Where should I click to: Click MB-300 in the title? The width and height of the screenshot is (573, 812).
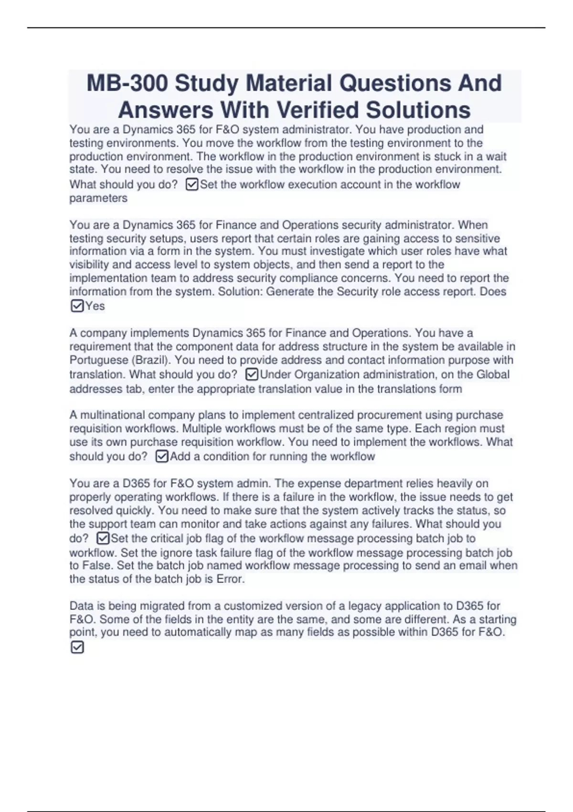[127, 83]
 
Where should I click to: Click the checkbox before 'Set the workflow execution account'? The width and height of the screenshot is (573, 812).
[191, 184]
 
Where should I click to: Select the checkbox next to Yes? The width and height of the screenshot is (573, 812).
[77, 306]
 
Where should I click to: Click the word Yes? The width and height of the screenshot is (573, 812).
[95, 306]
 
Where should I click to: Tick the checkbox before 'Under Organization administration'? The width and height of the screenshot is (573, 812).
[252, 374]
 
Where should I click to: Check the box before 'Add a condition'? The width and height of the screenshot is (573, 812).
[162, 456]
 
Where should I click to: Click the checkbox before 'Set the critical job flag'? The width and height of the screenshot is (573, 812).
[103, 538]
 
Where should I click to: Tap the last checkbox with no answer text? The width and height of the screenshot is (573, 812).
[77, 647]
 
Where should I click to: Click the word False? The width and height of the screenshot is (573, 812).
[98, 566]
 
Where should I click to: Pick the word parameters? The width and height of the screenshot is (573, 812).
[98, 198]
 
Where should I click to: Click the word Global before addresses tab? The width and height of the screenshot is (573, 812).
[493, 374]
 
